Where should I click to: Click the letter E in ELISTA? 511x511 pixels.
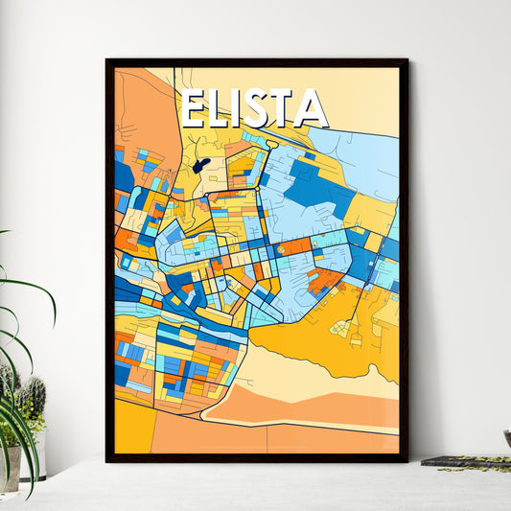(x=195, y=109)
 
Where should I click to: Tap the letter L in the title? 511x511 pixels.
(x=222, y=109)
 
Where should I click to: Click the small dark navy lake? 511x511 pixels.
(x=200, y=166)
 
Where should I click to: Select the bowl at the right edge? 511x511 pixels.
(x=506, y=437)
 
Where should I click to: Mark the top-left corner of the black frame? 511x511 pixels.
(x=106, y=59)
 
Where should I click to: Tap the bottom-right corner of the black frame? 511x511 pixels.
(x=407, y=461)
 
